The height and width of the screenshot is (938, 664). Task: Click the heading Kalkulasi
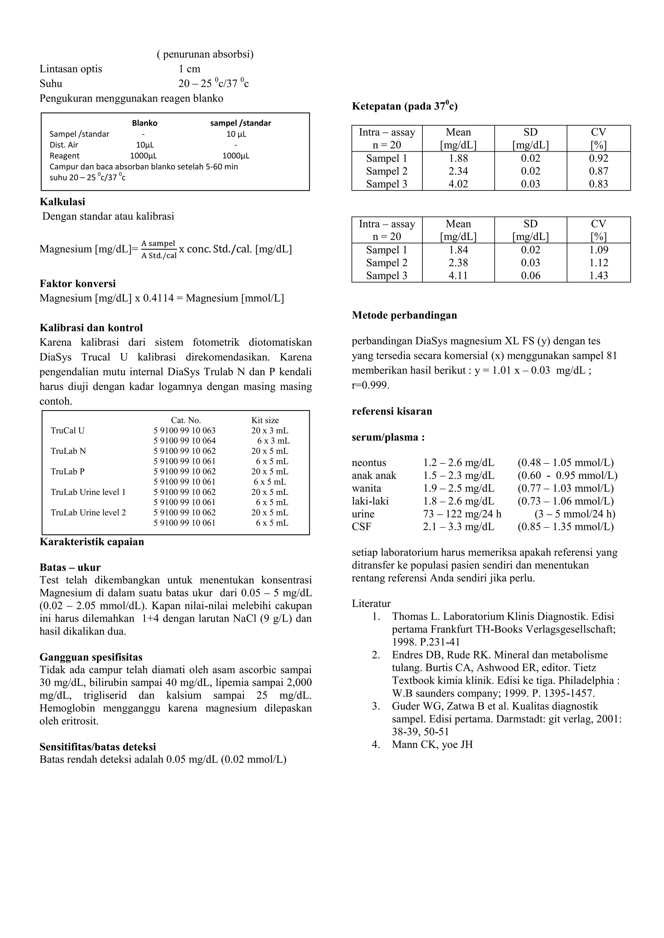(x=62, y=202)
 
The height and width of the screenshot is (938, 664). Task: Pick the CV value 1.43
(x=598, y=276)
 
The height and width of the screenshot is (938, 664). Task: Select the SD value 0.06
(x=530, y=276)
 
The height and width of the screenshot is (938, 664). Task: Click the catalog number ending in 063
(x=184, y=430)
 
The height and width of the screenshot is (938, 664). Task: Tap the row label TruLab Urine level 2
(x=88, y=513)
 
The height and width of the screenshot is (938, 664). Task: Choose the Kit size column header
(x=265, y=420)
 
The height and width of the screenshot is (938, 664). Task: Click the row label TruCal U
(x=67, y=430)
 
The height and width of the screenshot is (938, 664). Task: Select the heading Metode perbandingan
(x=404, y=315)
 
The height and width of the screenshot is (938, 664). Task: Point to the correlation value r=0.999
(x=371, y=385)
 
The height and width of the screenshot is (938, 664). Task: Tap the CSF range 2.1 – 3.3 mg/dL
(x=458, y=527)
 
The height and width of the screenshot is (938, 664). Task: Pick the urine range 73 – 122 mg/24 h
(x=462, y=514)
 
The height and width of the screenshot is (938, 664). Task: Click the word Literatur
(x=371, y=604)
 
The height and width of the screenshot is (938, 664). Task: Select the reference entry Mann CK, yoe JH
(x=432, y=744)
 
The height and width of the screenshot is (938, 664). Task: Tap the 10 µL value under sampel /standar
(x=236, y=134)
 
